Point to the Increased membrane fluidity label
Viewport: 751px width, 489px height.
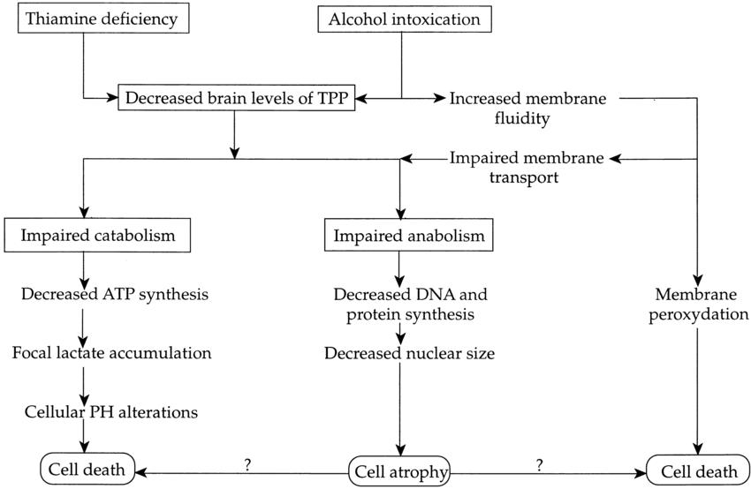click(x=527, y=108)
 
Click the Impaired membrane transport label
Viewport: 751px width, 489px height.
click(x=527, y=167)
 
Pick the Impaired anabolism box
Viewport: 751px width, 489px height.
click(x=409, y=237)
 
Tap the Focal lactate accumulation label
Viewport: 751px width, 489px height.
click(x=112, y=353)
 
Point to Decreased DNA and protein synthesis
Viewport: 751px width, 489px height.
click(x=409, y=305)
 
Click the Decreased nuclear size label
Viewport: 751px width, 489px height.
click(x=409, y=354)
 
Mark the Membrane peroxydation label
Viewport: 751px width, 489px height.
click(x=698, y=305)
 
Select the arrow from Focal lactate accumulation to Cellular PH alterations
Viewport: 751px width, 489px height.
click(x=83, y=382)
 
